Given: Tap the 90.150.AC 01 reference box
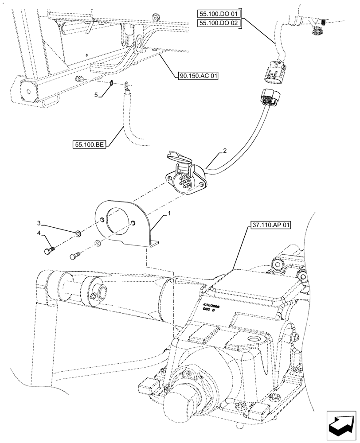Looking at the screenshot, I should pyautogui.click(x=199, y=76).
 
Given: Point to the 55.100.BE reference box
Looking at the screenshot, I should pyautogui.click(x=89, y=144).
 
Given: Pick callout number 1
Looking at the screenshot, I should pyautogui.click(x=168, y=214).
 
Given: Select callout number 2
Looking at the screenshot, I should pyautogui.click(x=225, y=151).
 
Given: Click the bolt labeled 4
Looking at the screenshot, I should pyautogui.click(x=48, y=251).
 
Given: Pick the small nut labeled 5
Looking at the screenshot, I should pyautogui.click(x=113, y=83).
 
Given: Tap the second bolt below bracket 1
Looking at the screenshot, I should pyautogui.click(x=75, y=255).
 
